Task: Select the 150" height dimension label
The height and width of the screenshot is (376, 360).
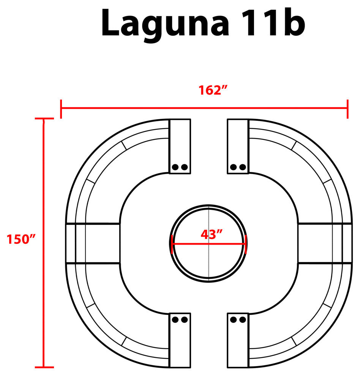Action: tap(21, 239)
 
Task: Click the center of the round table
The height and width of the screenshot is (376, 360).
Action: tap(208, 243)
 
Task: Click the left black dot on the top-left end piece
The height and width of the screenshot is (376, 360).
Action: tap(175, 167)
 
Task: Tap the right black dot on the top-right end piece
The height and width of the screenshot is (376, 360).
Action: tap(242, 167)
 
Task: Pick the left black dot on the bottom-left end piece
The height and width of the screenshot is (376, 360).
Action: tap(175, 320)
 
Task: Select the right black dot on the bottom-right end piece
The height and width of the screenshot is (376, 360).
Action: tap(242, 320)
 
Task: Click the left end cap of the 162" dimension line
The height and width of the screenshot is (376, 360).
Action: tap(61, 108)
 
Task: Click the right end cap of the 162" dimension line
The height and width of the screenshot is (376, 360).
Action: tap(347, 108)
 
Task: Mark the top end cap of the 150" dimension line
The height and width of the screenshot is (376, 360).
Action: tap(44, 119)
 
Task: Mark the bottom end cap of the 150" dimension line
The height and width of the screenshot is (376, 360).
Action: tap(44, 367)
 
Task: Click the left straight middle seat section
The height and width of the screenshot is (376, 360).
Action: tap(93, 243)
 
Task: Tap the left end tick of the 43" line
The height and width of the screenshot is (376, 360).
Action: tap(172, 243)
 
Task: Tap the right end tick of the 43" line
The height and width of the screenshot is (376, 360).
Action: tap(246, 243)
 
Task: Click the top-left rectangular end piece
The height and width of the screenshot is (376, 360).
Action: tap(180, 146)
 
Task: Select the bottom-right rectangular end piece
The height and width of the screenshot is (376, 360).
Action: tap(238, 340)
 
